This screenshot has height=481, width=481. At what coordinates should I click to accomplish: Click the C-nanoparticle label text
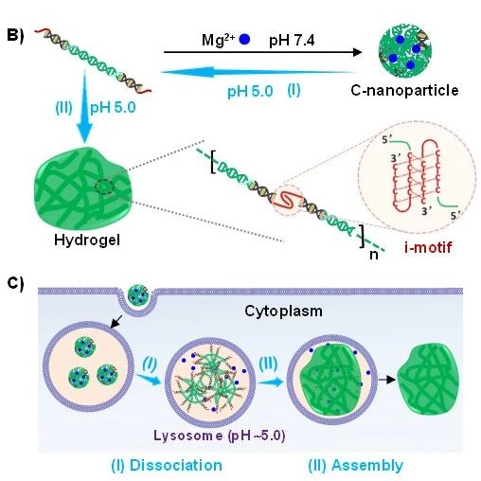[404, 91]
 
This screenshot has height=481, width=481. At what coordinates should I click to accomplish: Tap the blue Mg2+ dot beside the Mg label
[244, 40]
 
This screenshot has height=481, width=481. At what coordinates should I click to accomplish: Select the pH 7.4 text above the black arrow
[292, 41]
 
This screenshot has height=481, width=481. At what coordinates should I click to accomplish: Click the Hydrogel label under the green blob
[87, 240]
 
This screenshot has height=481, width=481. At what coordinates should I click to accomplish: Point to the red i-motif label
[428, 247]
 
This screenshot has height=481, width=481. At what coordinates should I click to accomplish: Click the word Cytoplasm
[283, 312]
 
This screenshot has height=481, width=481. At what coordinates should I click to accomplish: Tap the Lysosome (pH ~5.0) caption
[220, 436]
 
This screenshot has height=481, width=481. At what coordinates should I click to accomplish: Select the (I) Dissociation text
[167, 465]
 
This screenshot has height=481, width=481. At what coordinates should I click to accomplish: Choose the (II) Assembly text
[356, 465]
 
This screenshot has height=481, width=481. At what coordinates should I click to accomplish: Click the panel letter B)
[15, 35]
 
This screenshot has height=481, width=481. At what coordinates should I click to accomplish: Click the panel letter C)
[15, 283]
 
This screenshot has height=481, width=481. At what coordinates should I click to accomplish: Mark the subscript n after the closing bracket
[374, 255]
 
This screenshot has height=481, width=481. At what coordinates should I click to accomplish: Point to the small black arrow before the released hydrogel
[387, 380]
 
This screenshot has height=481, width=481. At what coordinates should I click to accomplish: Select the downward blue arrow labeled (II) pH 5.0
[84, 107]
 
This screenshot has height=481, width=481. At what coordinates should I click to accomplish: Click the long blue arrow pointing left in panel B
[258, 72]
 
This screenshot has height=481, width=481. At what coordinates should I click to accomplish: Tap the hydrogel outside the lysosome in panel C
[428, 379]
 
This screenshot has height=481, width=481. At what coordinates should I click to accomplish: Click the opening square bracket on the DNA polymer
[213, 162]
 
